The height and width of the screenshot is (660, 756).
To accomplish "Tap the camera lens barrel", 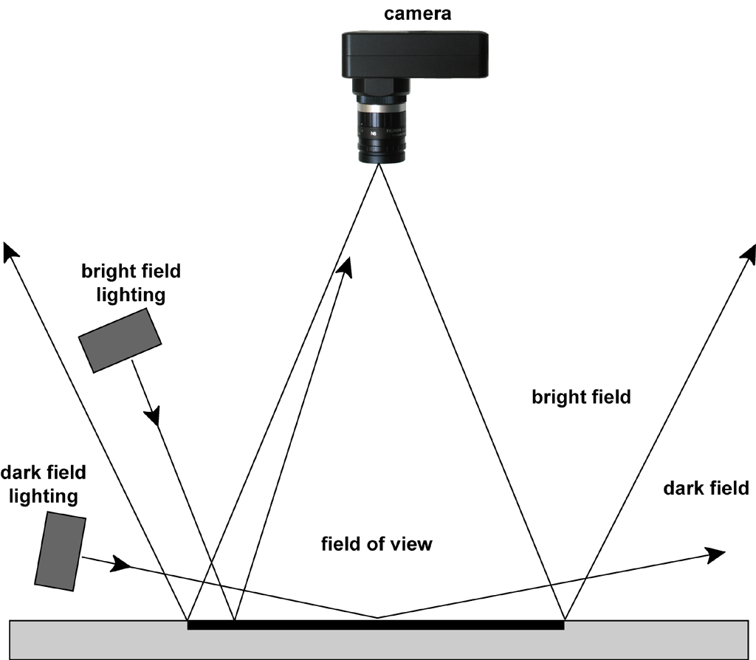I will pos(379,129).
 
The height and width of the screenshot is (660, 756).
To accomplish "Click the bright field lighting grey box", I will pos(120,340).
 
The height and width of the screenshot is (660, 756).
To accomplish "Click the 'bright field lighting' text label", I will pos(131,283).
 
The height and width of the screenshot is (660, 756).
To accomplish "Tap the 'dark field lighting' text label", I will pos(44,484).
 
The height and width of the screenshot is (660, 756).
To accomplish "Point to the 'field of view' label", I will pos(377,545).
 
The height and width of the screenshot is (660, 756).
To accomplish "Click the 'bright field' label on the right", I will pos(581,397).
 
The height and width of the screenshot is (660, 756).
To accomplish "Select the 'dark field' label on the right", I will pos(706,488).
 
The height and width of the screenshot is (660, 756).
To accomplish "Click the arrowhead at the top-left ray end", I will pos(10,251).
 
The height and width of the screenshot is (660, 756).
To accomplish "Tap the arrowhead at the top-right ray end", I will pos(749,251).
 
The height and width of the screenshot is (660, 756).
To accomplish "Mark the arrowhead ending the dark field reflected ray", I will pos(715,554).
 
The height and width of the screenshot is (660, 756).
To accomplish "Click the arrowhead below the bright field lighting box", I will pos(153,416).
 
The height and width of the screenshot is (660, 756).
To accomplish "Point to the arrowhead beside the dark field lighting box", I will pos(121,566).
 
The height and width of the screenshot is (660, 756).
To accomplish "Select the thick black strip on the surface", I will pos(376,625).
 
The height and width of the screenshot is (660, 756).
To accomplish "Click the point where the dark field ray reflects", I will pos(377,617).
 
